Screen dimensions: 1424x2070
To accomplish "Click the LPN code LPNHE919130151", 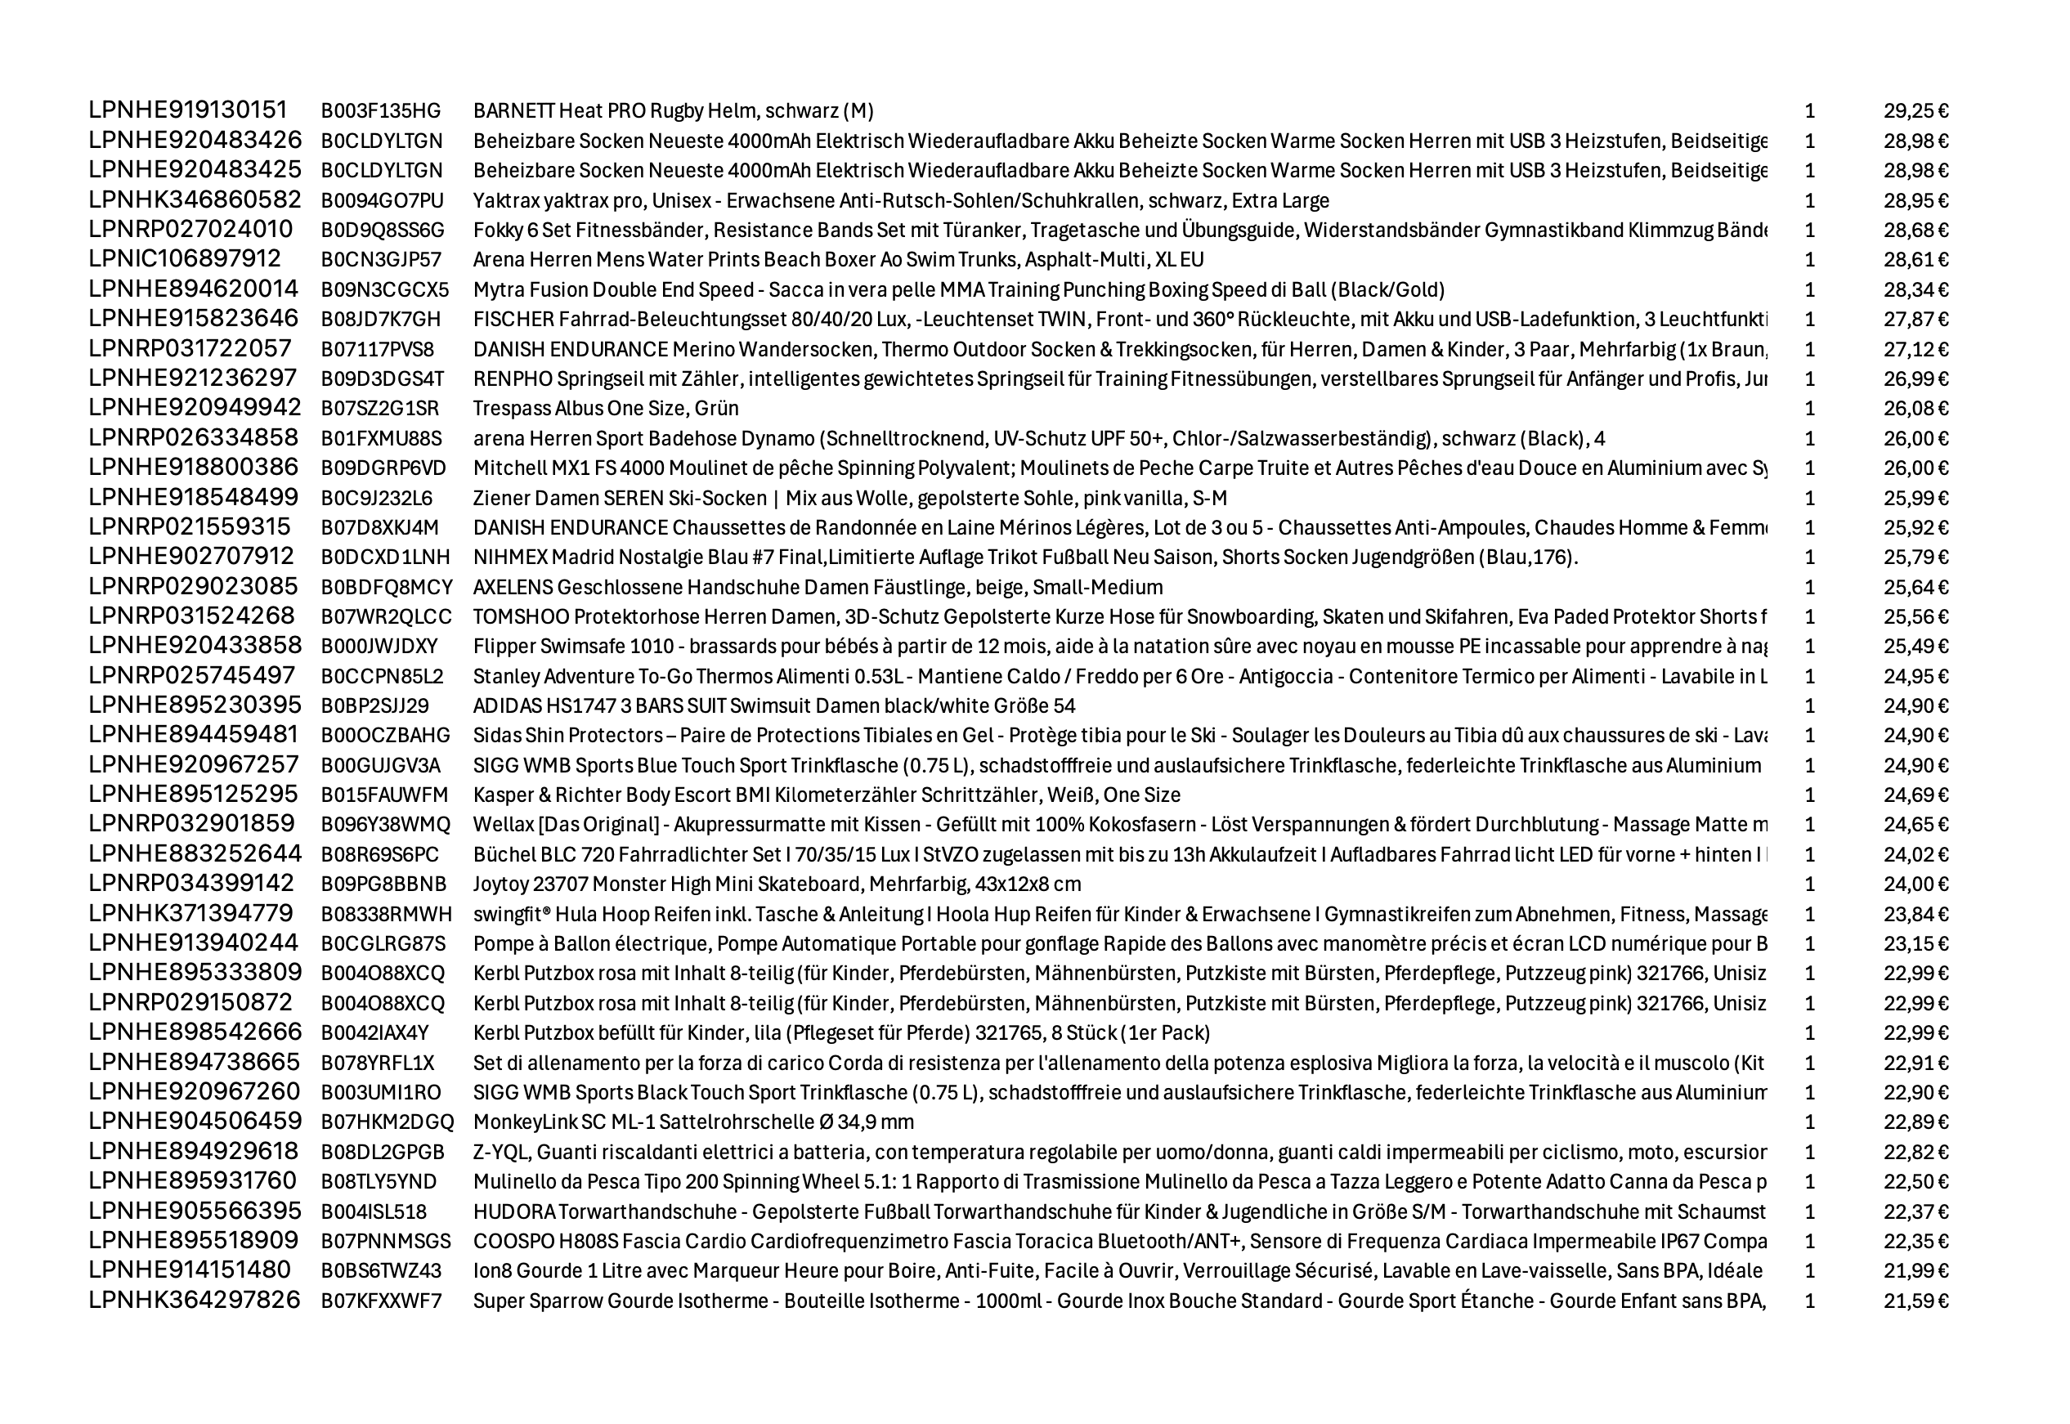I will (187, 110).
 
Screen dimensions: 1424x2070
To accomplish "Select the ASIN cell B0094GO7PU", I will (382, 201).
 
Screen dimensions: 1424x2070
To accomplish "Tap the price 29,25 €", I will (1915, 110).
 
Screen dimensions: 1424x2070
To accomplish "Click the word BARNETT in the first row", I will (513, 110).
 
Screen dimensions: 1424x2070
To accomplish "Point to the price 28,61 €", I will (1915, 260).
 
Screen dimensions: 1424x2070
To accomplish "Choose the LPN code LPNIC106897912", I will (185, 259).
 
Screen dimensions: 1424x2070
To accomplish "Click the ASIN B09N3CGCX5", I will (384, 290).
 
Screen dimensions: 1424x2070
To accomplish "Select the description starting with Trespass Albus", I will (605, 409).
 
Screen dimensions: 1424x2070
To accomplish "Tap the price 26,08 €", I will (1915, 409).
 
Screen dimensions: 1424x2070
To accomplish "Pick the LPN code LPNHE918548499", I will (194, 497).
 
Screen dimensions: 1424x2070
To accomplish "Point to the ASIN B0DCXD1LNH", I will (385, 558).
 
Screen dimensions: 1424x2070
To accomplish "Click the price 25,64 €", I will (1915, 587).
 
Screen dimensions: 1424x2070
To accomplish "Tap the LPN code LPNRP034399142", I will (191, 884).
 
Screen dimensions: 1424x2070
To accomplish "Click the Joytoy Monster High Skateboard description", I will (777, 884).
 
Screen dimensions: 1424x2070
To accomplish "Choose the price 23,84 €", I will (1915, 915).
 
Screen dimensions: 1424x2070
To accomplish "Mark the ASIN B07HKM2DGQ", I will (388, 1122).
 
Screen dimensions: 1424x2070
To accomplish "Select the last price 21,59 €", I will (1915, 1301).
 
